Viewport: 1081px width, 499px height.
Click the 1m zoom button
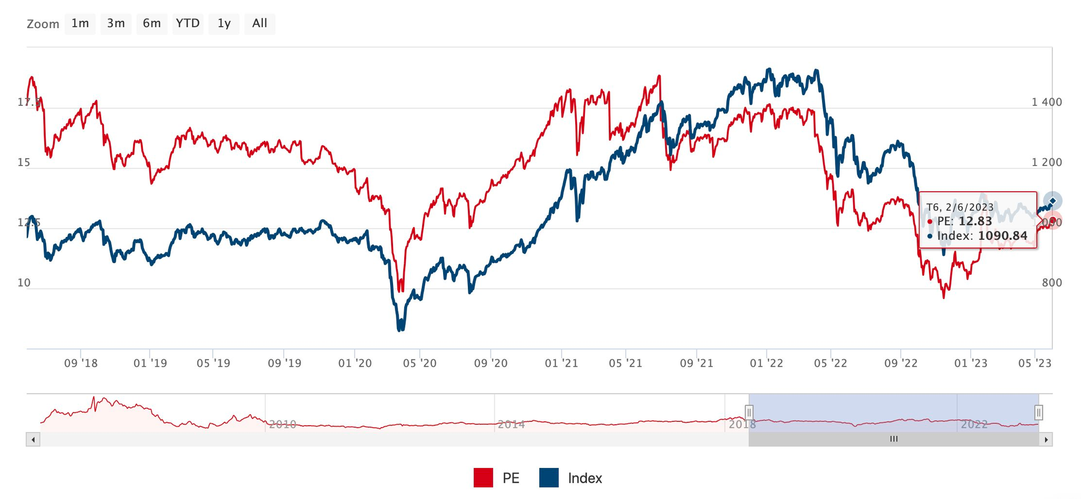(80, 24)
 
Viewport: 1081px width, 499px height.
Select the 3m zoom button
(116, 24)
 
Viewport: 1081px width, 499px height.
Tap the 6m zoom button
(151, 24)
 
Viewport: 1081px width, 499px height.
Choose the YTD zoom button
(187, 24)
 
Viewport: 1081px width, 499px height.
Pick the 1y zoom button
(224, 24)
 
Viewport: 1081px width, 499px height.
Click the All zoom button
(260, 24)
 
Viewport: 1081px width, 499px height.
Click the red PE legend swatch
(483, 478)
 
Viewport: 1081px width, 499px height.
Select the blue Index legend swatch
(549, 478)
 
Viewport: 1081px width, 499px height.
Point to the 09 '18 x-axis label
(81, 363)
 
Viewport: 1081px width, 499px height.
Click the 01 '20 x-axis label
(355, 363)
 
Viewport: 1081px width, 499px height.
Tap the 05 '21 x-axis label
(626, 363)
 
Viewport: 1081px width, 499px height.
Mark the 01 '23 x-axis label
(971, 363)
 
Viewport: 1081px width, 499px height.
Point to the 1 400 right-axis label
(1047, 102)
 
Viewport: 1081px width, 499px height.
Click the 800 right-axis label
(1052, 283)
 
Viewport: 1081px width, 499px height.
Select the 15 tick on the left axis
(24, 163)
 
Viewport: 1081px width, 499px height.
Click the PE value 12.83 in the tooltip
(975, 222)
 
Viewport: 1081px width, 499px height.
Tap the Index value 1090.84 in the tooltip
(1003, 236)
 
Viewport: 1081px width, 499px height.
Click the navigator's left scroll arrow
(33, 439)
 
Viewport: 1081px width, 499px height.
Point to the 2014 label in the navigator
(511, 424)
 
